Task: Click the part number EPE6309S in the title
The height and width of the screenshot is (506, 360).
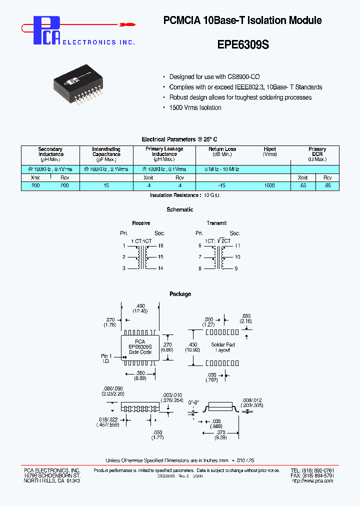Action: coord(243,44)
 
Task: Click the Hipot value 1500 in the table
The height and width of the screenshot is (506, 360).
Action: coord(269,185)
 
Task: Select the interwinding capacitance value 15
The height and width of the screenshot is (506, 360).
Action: coord(106,185)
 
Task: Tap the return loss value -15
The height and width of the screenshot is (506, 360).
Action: coord(221,185)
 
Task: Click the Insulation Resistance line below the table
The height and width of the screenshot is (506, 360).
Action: coord(184,195)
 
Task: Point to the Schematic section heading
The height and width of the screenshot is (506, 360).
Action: coord(180,209)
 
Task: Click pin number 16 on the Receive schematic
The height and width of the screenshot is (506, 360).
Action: coord(160,245)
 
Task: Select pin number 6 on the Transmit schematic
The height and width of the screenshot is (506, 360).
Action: coord(199,245)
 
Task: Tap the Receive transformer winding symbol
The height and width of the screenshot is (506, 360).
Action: coord(142,257)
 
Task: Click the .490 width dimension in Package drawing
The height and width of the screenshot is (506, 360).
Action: coord(140,306)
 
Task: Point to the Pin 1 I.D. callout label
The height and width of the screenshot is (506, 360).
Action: coord(106,358)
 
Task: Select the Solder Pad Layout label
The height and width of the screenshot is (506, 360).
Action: coord(223,347)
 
